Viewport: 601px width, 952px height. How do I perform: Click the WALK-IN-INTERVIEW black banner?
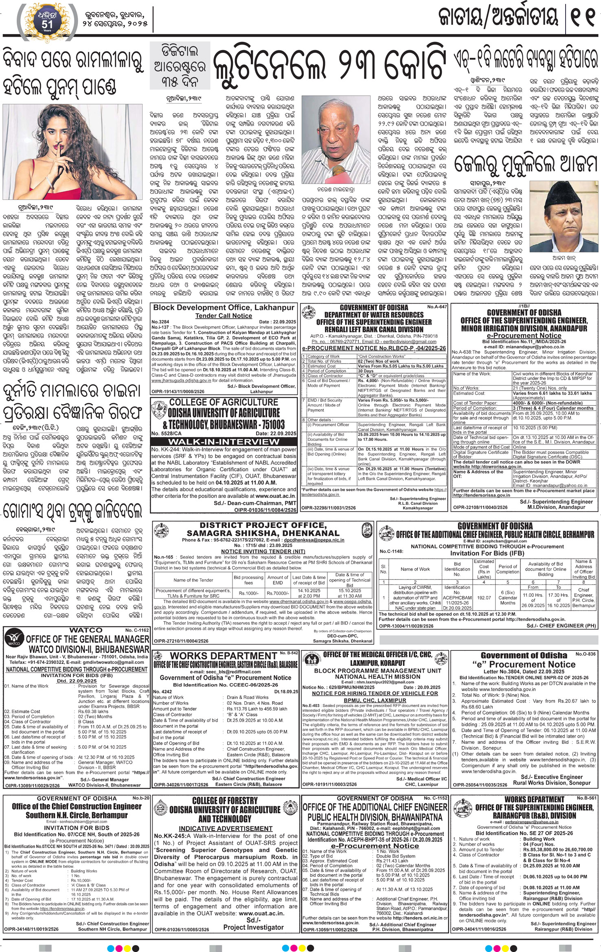click(x=224, y=442)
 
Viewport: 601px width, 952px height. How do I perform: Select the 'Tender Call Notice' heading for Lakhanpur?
click(x=224, y=316)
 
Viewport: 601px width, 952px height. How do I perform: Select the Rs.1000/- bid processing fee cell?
click(x=248, y=593)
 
